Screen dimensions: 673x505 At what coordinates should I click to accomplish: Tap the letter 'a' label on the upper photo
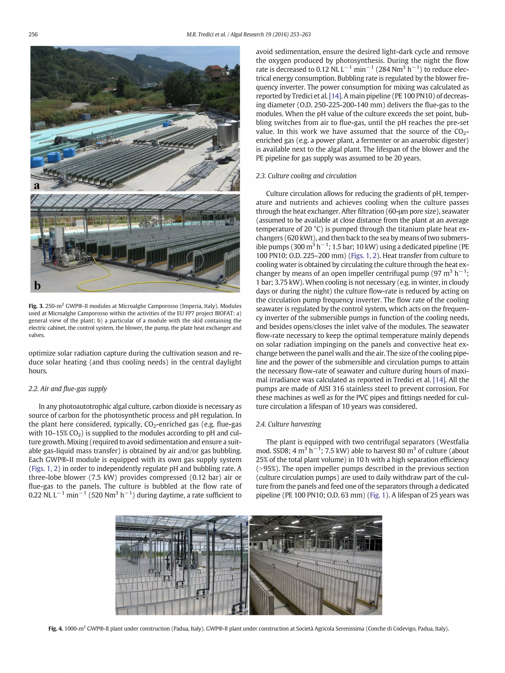coord(37,185)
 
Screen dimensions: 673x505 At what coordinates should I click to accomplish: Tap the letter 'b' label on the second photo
coord(37,285)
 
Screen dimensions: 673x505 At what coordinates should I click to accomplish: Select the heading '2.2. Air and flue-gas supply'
coord(68,389)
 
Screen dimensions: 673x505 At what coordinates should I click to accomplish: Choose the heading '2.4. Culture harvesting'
coord(288,424)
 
